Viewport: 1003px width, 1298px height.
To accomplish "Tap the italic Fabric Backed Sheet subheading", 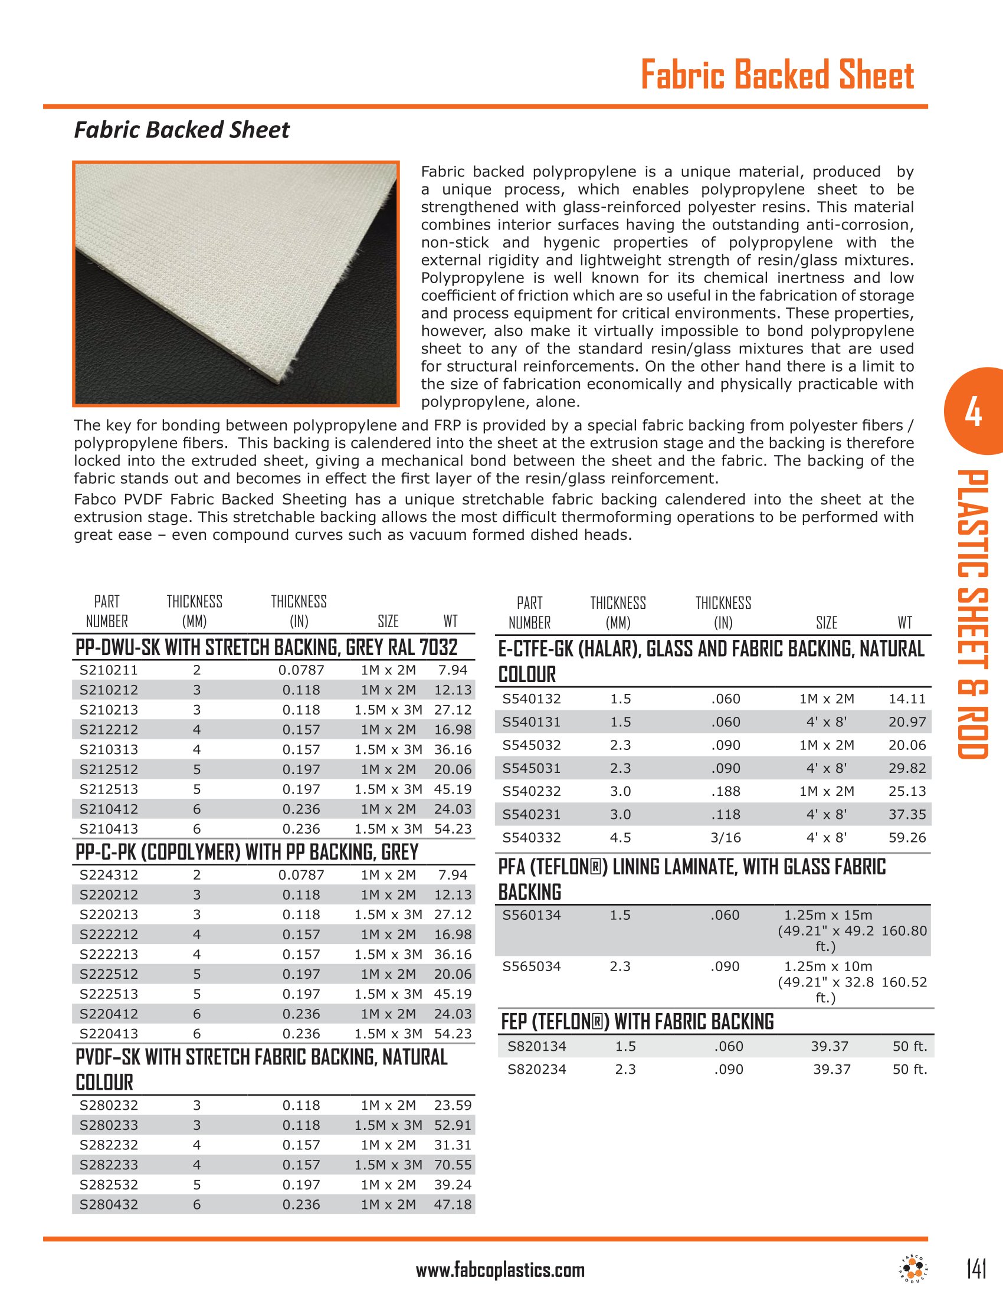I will click(181, 130).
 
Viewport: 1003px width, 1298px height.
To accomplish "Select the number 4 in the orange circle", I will click(973, 412).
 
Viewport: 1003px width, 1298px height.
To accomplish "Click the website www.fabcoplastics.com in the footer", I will click(500, 1270).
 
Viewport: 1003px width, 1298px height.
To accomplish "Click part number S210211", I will click(109, 670).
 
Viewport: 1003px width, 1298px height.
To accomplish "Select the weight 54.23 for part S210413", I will click(453, 828).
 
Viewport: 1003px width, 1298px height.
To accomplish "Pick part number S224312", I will click(109, 875).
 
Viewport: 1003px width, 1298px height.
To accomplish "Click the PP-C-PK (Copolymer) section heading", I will click(247, 853).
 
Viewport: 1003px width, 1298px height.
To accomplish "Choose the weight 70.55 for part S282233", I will click(453, 1165).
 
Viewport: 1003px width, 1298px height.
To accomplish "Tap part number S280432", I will click(109, 1205).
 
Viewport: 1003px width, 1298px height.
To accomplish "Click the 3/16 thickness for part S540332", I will click(726, 837).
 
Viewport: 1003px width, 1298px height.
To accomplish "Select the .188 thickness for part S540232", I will click(726, 791).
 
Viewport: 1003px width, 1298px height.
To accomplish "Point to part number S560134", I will click(532, 914).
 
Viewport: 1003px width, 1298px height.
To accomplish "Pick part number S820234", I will click(536, 1069).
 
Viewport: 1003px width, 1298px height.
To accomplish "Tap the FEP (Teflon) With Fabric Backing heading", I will click(637, 1022).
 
